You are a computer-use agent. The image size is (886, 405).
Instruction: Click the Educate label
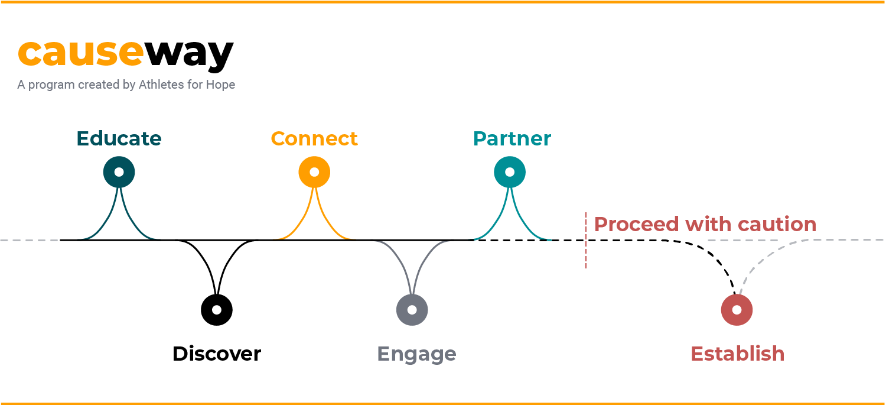pos(119,138)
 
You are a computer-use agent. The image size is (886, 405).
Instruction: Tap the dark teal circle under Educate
pos(119,172)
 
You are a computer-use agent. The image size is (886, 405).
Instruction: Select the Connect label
pos(314,138)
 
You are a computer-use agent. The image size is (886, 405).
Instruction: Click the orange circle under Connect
pos(314,172)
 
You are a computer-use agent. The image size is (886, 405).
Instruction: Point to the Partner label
pos(512,138)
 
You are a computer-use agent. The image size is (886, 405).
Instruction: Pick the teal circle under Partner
pos(510,172)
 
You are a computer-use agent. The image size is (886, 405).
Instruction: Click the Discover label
pos(216,354)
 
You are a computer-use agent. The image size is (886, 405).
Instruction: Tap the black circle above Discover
pos(217,309)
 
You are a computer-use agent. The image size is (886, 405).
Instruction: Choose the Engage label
pos(416,354)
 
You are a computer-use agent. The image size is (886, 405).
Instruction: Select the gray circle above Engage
pos(412,309)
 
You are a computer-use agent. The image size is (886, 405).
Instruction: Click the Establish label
pos(737,354)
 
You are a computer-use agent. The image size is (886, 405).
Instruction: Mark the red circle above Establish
pos(737,309)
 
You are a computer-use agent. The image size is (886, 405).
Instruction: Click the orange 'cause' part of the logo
pos(80,53)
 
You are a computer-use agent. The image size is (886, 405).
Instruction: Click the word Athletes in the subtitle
pos(162,85)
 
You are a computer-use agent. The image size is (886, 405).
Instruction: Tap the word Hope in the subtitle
pos(220,85)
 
